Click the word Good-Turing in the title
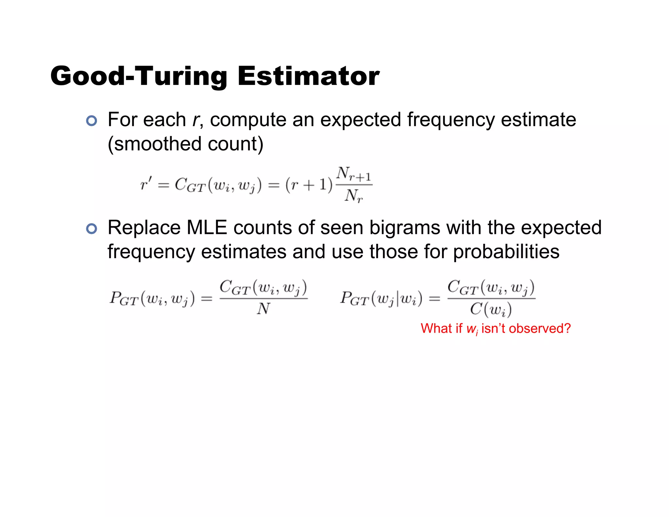coord(139,76)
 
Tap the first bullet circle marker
coord(92,121)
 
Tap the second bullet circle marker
coord(92,229)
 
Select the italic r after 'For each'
coord(195,120)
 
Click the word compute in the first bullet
coord(248,120)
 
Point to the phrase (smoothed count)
coord(185,144)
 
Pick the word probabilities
coord(506,252)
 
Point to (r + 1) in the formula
coord(309,185)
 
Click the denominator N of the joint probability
coord(263,309)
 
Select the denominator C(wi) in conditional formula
coord(491,309)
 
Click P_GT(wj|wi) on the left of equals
coord(381,298)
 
